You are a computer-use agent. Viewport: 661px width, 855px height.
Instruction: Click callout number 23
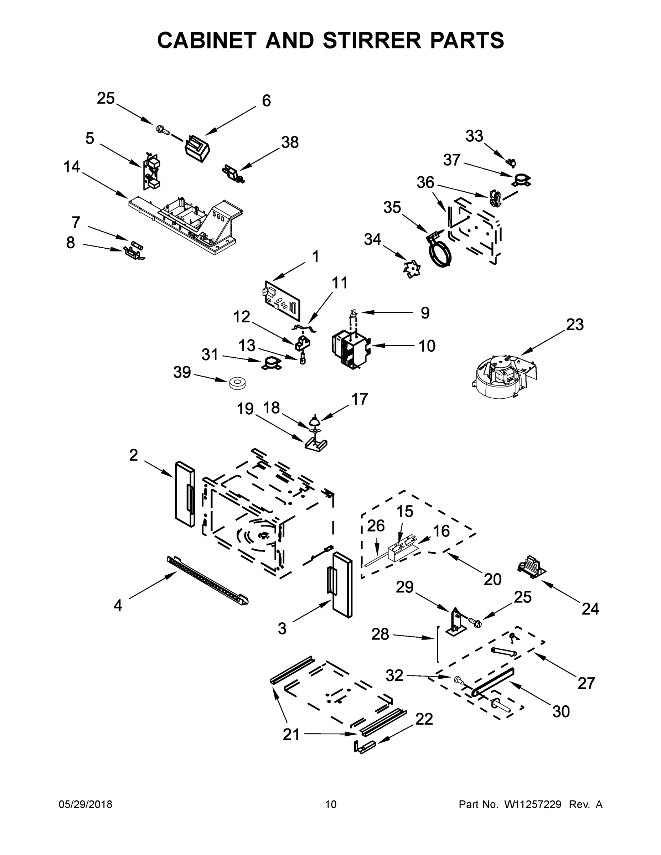click(x=574, y=325)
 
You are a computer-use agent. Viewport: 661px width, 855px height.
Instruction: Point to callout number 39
click(x=182, y=372)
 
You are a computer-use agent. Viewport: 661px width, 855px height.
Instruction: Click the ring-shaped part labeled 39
click(x=237, y=383)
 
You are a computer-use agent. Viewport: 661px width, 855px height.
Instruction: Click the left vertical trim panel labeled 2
click(x=185, y=494)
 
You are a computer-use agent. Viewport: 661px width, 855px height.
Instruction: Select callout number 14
click(x=72, y=167)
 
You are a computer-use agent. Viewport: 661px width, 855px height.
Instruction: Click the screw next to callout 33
click(x=511, y=162)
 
